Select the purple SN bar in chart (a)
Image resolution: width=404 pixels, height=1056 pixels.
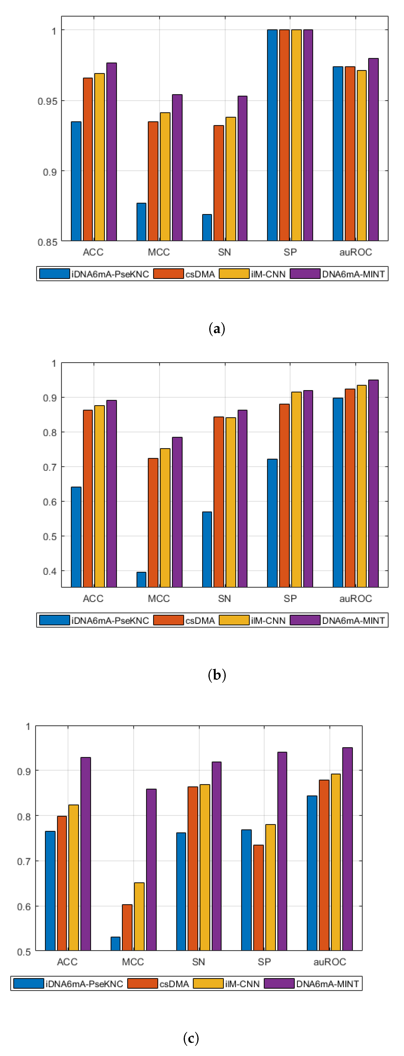point(242,168)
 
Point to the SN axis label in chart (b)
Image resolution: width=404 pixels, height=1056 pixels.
point(224,599)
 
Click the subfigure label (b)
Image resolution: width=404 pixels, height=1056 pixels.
point(216,675)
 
